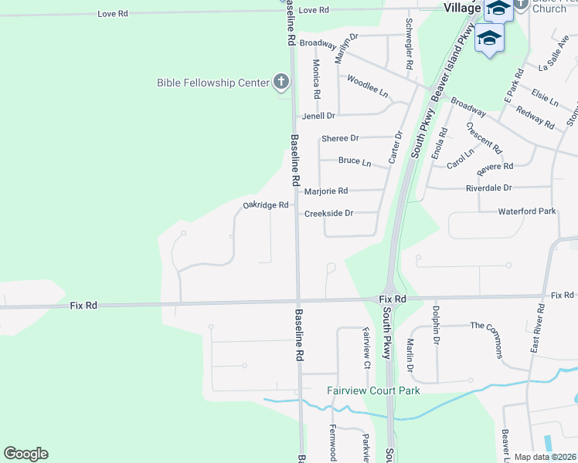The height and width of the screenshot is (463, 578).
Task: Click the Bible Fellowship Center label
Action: tap(212, 83)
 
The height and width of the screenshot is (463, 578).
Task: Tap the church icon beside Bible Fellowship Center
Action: tap(281, 82)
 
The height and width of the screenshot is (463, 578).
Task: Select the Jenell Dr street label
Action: tap(318, 116)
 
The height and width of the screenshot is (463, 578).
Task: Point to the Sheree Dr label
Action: tap(340, 138)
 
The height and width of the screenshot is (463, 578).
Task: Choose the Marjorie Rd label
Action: tap(326, 191)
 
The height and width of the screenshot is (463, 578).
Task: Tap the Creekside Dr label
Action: tap(328, 213)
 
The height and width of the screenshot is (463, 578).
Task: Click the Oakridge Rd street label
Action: tap(265, 205)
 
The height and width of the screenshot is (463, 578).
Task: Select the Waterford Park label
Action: tap(527, 211)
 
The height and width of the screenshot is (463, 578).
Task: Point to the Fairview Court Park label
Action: tap(373, 390)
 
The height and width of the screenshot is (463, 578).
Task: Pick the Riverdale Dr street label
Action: tap(488, 188)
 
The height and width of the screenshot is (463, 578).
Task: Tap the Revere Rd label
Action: tap(495, 167)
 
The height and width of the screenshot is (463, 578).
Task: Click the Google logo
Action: tap(25, 454)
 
